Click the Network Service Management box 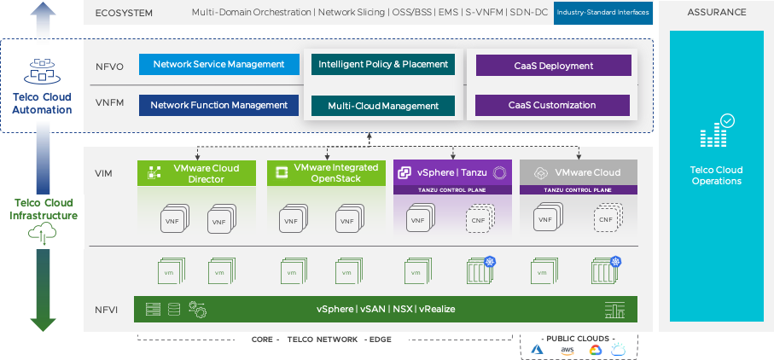click(219, 65)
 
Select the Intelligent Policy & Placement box click(383, 65)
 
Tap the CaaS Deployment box click(553, 66)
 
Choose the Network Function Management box click(219, 106)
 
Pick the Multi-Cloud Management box click(383, 106)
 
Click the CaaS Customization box click(552, 106)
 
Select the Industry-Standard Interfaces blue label click(603, 13)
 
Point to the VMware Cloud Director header click(196, 173)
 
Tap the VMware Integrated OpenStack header click(326, 173)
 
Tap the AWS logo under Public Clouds click(567, 351)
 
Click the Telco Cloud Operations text click(716, 176)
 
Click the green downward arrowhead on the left click(44, 322)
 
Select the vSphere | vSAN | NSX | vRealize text click(386, 309)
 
